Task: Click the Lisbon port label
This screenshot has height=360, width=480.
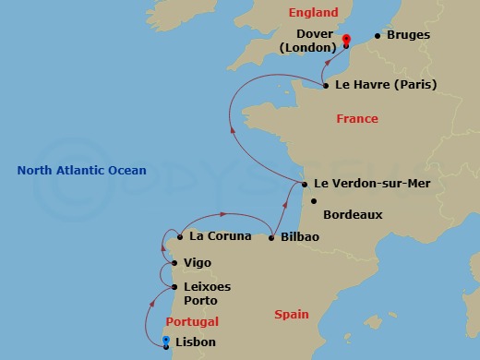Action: [x=197, y=342]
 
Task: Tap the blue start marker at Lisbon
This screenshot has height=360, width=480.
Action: [x=165, y=342]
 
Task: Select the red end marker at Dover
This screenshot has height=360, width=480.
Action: [x=346, y=40]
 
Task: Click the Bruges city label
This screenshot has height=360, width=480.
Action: [x=409, y=36]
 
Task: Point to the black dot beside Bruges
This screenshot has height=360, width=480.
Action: [x=377, y=37]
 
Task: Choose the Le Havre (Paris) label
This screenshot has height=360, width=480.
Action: [x=386, y=85]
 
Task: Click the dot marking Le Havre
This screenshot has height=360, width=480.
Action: [x=326, y=86]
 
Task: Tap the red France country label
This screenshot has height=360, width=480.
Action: [x=356, y=119]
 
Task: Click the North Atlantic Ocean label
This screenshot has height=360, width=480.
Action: [x=81, y=170]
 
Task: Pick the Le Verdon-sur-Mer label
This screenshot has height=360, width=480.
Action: [x=372, y=184]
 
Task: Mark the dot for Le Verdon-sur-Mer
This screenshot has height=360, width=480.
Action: [x=304, y=184]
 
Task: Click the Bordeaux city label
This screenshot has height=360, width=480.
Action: [x=353, y=214]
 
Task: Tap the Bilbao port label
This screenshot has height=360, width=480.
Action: [x=299, y=237]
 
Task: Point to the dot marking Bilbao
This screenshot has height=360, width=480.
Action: [x=271, y=238]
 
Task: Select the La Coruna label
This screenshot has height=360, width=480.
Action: [x=220, y=236]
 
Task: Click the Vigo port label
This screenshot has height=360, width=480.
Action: [x=198, y=263]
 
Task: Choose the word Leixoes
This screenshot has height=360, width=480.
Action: [x=207, y=287]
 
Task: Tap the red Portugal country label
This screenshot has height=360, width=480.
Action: [x=192, y=322]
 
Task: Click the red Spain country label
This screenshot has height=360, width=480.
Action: [x=292, y=315]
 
